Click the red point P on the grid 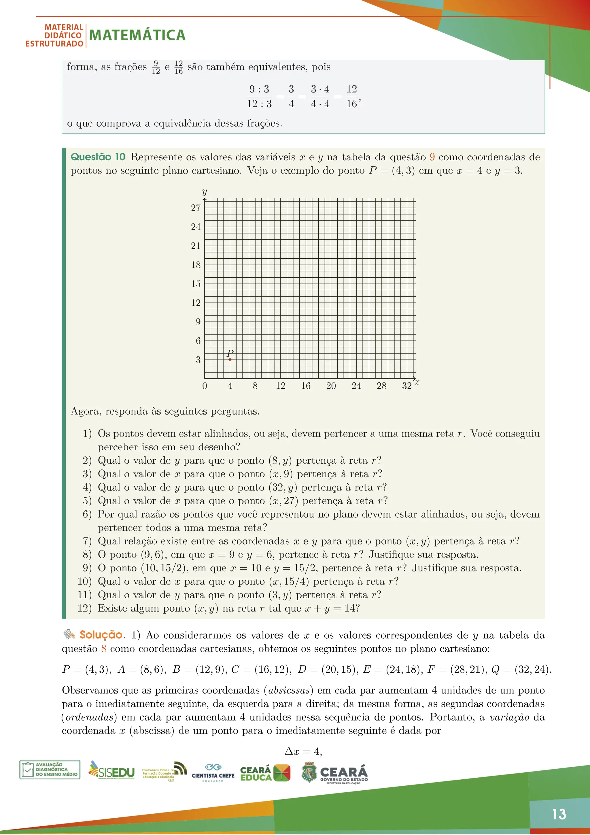pos(230,360)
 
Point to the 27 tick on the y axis pos(196,208)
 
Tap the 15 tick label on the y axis pos(196,284)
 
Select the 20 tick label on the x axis pos(331,386)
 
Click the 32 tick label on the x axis pos(406,386)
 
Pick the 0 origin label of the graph pos(205,386)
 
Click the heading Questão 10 pos(98,157)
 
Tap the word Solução pos(101,635)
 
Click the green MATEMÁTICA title pos(137,35)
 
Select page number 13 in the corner pos(559,814)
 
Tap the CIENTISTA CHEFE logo pos(213,772)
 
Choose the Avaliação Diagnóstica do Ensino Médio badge pos(50,770)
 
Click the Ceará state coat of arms pos(309,772)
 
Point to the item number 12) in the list pos(84,608)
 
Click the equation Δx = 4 pos(303,751)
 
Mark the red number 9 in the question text pos(432,157)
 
